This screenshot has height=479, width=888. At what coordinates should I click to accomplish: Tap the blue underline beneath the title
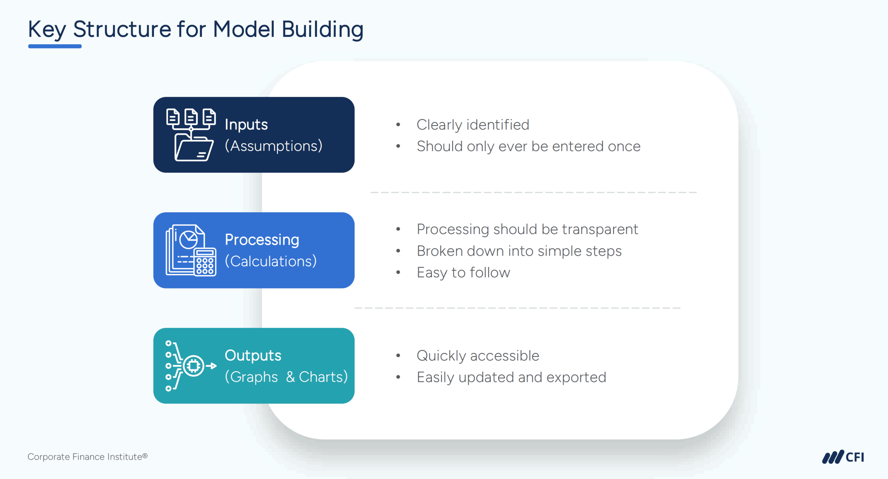(55, 46)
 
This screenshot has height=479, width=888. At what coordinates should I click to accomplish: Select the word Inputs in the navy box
(246, 125)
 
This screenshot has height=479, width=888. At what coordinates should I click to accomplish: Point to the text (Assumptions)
(273, 146)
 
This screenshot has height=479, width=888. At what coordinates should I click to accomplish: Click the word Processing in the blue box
(262, 240)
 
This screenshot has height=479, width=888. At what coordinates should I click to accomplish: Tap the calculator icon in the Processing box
(205, 263)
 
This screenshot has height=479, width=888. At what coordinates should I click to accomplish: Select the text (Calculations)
(271, 261)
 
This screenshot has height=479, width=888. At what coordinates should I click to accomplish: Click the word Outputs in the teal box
(253, 356)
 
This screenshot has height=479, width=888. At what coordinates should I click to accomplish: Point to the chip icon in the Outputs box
(193, 366)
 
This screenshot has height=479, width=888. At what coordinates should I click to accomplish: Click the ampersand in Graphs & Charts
(291, 377)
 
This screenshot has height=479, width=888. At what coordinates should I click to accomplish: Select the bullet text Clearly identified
(472, 125)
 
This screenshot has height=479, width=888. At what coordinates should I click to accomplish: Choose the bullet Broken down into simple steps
(519, 251)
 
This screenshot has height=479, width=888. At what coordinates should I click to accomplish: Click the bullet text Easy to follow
(463, 273)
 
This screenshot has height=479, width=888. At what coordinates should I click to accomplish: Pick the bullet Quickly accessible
(478, 356)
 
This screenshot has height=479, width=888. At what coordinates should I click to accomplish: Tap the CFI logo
(843, 457)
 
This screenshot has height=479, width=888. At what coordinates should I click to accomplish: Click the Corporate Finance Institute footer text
(87, 457)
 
